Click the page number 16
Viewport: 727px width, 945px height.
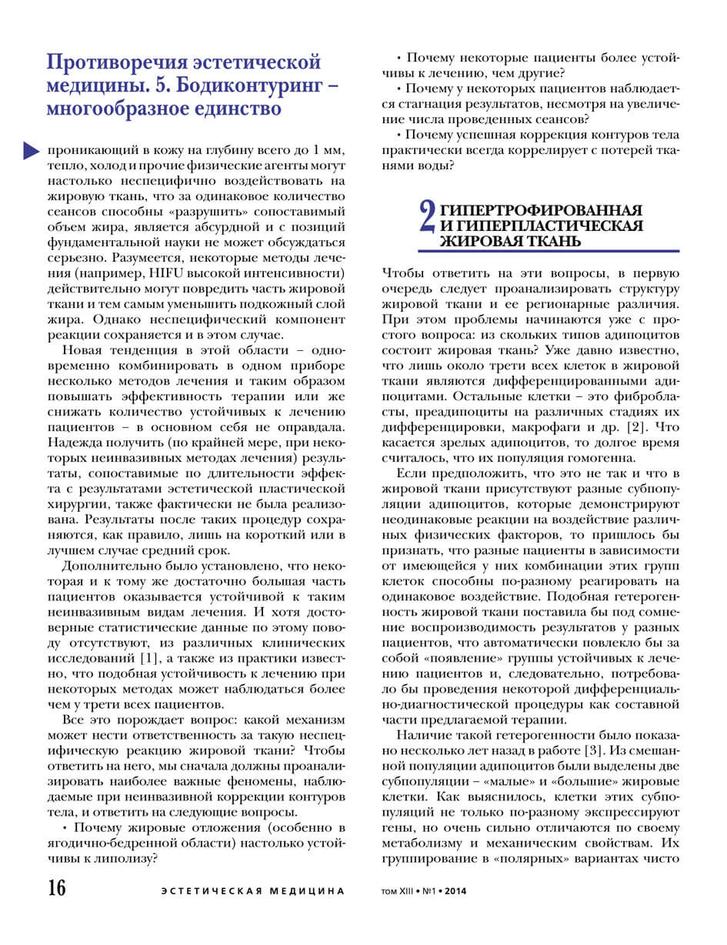(x=56, y=888)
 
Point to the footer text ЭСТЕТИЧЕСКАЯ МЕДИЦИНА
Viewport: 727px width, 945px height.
(x=253, y=891)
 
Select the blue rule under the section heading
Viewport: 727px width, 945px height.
(x=549, y=250)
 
